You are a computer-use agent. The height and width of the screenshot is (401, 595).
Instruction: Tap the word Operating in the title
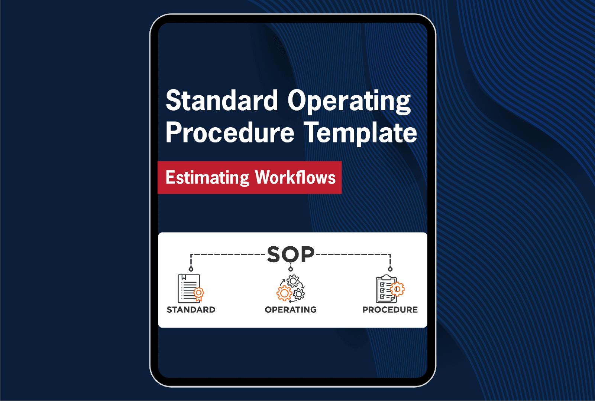point(349,102)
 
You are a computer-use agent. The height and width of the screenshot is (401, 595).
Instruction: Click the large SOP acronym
point(291,254)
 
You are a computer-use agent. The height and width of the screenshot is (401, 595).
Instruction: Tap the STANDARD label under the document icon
point(191,309)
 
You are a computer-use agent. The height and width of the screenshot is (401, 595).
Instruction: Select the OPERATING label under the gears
point(291,309)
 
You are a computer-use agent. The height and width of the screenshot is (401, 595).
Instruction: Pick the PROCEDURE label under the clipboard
point(390,309)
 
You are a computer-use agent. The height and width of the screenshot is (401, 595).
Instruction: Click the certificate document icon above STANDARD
point(190,289)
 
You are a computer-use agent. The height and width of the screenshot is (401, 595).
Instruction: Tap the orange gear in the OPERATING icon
point(284,293)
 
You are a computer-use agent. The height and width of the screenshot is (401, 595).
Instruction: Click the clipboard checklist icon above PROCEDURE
point(389,289)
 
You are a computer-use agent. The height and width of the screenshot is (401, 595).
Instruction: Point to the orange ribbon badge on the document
point(199,294)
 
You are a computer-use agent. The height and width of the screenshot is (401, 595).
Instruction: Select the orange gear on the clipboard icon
point(397,289)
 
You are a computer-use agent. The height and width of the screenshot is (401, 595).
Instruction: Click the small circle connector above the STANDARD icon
point(191,269)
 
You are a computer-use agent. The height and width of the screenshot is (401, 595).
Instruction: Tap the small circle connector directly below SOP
point(291,269)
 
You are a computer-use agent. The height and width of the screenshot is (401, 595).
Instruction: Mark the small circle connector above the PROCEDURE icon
point(390,269)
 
